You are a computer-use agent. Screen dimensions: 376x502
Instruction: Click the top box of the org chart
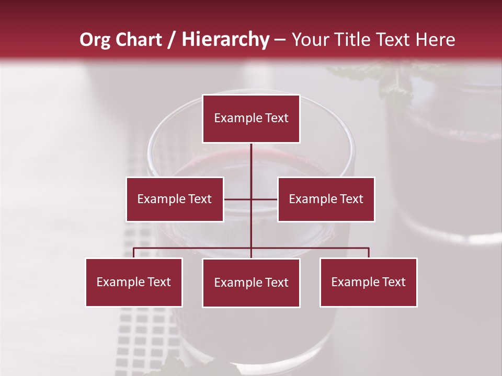(251, 119)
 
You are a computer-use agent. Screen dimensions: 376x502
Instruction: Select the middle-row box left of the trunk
(175, 199)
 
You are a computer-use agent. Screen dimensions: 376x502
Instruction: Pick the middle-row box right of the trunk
(326, 199)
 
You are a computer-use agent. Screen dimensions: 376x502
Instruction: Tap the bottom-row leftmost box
(134, 282)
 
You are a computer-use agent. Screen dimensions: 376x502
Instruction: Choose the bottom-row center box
(251, 283)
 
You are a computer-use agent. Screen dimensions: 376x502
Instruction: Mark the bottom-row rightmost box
(369, 282)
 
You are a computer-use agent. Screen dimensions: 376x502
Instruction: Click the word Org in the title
(95, 40)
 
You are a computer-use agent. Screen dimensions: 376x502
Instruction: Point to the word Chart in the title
(139, 40)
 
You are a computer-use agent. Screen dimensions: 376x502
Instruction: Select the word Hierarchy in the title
(225, 40)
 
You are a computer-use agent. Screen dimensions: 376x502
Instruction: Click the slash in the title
(172, 40)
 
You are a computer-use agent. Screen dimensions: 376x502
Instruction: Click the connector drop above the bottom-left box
(134, 253)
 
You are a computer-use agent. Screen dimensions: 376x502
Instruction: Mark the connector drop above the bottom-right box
(369, 253)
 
